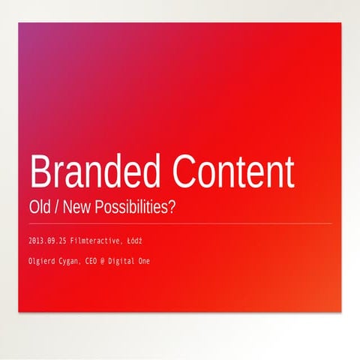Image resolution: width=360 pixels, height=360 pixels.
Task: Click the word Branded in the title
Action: click(94, 172)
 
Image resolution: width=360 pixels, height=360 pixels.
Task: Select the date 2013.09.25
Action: click(47, 241)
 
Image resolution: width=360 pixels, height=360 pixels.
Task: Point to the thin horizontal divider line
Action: click(180, 223)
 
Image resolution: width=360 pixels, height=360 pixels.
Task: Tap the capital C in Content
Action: click(184, 172)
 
